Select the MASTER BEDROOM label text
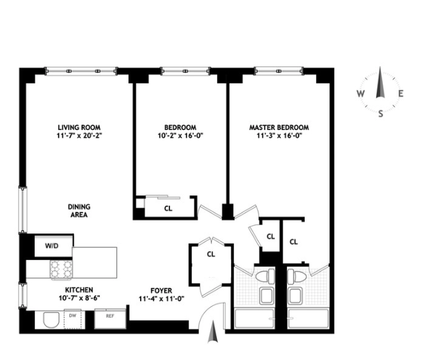[x=278, y=127]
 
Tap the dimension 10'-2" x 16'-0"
[x=180, y=135]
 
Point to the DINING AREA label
[x=79, y=211]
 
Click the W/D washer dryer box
[x=52, y=245]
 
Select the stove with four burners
[x=62, y=270]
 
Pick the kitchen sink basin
[x=49, y=319]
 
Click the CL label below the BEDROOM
[x=168, y=209]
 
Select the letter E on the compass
[x=401, y=95]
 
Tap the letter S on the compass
[x=380, y=114]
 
